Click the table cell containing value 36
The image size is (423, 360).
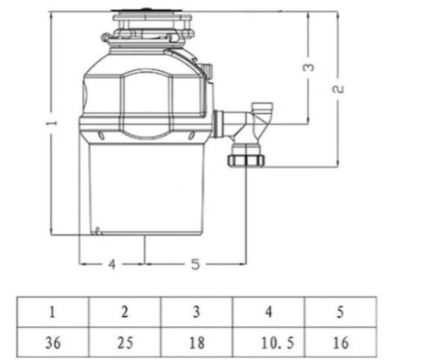[53, 342]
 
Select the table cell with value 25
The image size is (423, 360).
[125, 342]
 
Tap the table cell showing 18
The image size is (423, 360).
[197, 342]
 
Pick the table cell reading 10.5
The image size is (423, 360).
[269, 342]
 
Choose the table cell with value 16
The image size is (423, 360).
[340, 342]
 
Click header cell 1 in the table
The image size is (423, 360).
[53, 312]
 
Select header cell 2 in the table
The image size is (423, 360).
[125, 312]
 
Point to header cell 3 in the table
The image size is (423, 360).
[197, 312]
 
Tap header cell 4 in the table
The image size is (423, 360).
[269, 312]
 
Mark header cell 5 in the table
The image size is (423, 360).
[340, 312]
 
